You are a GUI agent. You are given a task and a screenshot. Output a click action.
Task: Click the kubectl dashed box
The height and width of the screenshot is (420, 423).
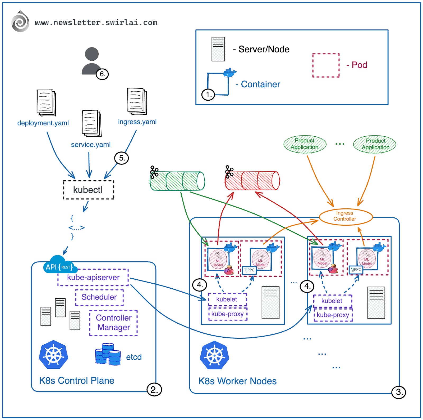[x=89, y=190]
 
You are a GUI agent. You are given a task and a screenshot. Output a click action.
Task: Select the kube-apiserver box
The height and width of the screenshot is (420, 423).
[x=93, y=278]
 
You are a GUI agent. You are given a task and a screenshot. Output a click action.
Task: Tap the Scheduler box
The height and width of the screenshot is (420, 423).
[x=99, y=297]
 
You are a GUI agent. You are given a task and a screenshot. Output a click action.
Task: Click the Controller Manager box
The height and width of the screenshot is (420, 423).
[x=113, y=323]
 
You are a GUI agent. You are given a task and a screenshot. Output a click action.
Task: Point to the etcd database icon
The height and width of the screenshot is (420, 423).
[x=108, y=354]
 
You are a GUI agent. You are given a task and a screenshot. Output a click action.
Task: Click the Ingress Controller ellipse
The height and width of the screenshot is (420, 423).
[x=345, y=216]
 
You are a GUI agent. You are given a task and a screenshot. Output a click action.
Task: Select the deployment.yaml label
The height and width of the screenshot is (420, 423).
[x=43, y=123]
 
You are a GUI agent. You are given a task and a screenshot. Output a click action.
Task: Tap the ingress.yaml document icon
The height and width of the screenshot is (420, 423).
[x=137, y=101]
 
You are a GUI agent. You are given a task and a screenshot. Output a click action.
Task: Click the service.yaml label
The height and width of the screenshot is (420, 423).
[x=91, y=145]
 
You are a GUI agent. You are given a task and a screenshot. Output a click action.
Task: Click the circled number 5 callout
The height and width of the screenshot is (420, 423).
[x=121, y=158]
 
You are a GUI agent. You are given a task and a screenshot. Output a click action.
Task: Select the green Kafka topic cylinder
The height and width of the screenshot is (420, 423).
[x=177, y=181]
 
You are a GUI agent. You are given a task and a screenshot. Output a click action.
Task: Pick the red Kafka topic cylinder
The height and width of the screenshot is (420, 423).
[x=252, y=181]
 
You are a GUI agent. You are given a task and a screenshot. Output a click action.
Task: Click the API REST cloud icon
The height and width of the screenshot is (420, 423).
[x=59, y=265]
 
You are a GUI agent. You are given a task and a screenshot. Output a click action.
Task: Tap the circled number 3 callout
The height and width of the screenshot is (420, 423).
[x=398, y=392]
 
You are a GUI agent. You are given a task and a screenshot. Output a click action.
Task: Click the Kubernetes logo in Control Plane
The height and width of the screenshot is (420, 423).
[x=53, y=355]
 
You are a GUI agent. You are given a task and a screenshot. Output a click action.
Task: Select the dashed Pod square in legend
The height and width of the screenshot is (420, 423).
[x=326, y=65]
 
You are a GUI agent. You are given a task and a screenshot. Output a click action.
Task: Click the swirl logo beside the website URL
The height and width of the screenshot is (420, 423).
[x=20, y=22]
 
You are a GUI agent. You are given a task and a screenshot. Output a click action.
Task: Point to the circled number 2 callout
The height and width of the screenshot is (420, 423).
[x=154, y=390]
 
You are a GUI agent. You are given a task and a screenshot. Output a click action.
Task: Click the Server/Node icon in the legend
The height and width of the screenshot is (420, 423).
[x=218, y=49]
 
